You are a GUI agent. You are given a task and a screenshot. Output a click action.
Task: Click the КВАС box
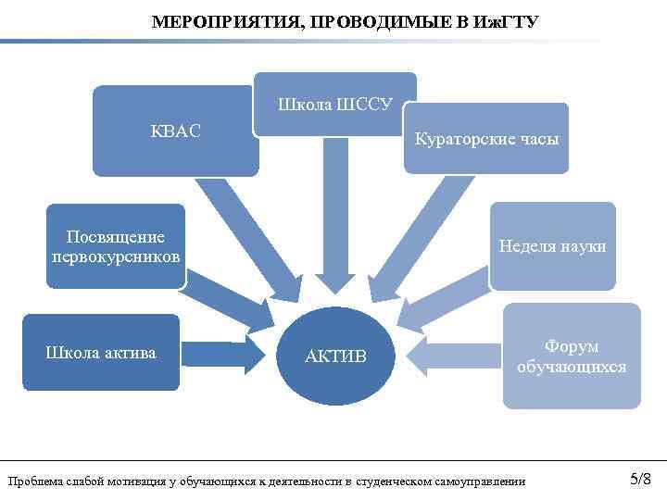click(175, 131)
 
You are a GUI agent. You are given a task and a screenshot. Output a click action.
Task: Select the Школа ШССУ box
click(335, 105)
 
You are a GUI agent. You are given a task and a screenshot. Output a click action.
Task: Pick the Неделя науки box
click(552, 246)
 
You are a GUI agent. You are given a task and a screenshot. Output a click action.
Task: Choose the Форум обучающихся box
click(572, 356)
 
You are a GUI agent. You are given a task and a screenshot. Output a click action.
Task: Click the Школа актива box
click(101, 353)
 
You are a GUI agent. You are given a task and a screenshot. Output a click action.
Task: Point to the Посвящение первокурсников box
click(117, 246)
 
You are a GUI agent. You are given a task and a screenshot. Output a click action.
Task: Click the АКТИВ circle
click(335, 356)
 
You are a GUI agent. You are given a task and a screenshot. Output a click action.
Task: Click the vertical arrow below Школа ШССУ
click(335, 213)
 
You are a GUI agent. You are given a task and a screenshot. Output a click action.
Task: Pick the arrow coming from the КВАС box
click(245, 231)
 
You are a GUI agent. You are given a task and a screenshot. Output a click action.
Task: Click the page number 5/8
click(640, 479)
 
